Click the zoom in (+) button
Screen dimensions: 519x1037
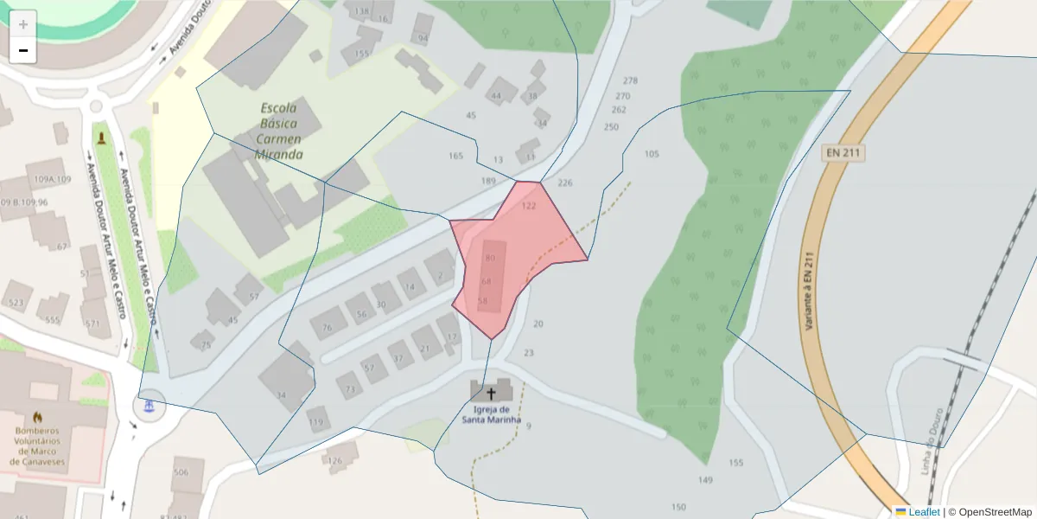[x=23, y=24]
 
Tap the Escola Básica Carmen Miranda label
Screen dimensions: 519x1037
[x=279, y=131]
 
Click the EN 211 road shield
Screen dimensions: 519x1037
[x=843, y=153]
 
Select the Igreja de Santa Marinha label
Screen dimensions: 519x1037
[x=498, y=414]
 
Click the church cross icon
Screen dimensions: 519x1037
[x=492, y=392]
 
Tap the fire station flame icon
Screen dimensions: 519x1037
[x=37, y=417]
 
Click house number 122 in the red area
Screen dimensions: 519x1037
[x=529, y=206]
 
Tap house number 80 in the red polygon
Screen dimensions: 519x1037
[x=490, y=258]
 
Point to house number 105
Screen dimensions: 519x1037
[x=652, y=154]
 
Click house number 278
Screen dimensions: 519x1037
[x=630, y=80]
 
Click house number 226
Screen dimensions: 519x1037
[x=565, y=183]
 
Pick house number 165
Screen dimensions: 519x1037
[x=455, y=156]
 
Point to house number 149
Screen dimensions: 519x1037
[x=705, y=480]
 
